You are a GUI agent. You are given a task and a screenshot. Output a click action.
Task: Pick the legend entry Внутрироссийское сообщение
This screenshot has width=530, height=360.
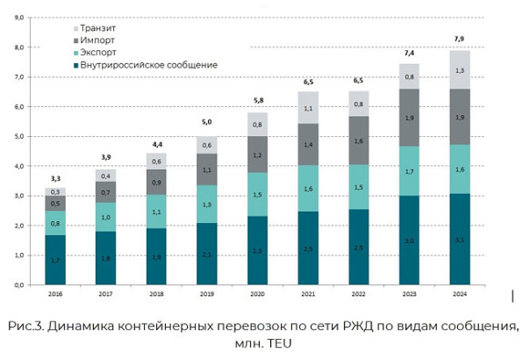click(146, 65)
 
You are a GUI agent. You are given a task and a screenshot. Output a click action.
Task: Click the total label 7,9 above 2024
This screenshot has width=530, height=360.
click(459, 38)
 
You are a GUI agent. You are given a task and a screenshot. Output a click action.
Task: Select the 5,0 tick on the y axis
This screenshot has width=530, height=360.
click(18, 137)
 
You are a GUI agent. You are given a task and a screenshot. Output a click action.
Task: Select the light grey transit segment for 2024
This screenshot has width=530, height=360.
click(459, 69)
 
